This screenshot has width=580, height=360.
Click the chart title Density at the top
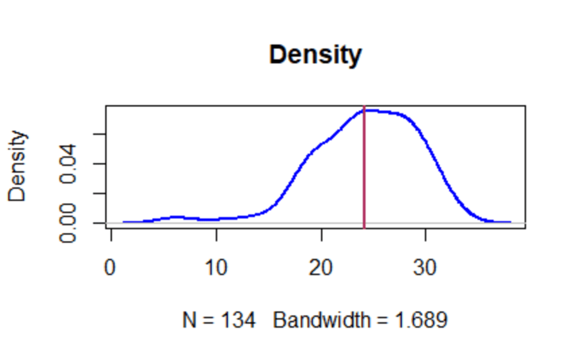[315, 55]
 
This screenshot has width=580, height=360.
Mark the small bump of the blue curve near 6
[175, 217]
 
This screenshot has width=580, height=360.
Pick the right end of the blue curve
[510, 222]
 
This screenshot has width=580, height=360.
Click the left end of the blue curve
[124, 222]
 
